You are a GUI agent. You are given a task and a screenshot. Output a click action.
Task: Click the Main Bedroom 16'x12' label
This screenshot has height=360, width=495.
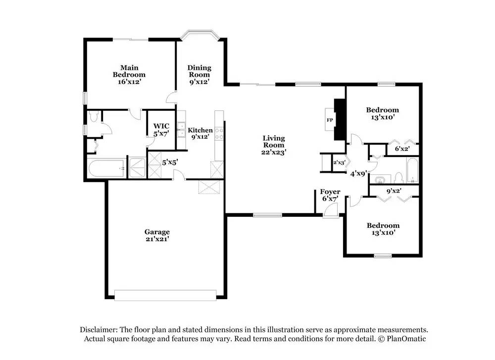(x=129, y=75)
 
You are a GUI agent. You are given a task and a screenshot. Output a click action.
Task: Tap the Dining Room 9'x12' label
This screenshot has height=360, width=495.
(x=199, y=75)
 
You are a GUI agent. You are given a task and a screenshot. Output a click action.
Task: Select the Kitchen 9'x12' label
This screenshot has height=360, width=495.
(x=200, y=133)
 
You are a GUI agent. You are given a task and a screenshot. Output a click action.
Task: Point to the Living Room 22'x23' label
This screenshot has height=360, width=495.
(x=274, y=145)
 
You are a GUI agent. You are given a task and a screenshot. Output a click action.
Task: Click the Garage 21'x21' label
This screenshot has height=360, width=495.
(x=157, y=235)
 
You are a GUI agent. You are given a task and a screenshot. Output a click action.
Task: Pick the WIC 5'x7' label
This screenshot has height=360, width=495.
(x=161, y=130)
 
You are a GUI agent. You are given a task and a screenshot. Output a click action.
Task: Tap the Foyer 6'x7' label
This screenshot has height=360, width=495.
(x=330, y=195)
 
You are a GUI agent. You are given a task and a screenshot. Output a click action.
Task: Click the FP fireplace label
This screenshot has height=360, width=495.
(x=330, y=120)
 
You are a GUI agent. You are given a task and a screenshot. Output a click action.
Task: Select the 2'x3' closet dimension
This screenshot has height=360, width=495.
(x=340, y=162)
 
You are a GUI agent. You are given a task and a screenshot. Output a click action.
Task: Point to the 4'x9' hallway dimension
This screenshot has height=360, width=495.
(x=358, y=173)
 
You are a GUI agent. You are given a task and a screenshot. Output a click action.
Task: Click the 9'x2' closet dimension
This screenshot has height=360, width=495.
(x=394, y=191)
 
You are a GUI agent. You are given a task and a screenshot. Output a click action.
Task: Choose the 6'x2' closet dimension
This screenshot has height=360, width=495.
(x=402, y=149)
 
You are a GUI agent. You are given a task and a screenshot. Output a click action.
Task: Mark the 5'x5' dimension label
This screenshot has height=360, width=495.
(x=170, y=162)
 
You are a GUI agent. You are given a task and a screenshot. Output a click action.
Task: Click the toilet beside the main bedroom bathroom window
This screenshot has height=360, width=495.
(x=93, y=116)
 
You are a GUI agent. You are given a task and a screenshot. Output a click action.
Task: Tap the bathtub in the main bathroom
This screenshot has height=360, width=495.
(x=106, y=168)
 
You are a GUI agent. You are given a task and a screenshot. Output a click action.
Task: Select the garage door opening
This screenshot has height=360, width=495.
(x=165, y=295)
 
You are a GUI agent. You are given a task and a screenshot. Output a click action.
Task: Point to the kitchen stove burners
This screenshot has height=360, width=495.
(x=219, y=133)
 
